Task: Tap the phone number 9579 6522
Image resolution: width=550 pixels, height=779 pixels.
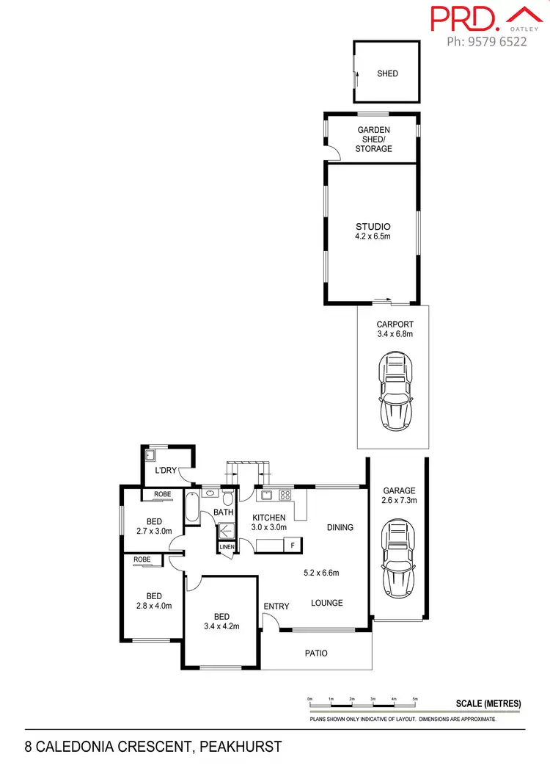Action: click(x=487, y=42)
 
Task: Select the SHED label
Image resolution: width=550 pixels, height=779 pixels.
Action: click(x=387, y=73)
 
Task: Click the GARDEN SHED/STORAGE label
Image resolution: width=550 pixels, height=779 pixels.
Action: click(x=373, y=140)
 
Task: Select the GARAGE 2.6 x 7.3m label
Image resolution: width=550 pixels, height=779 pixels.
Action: click(x=398, y=496)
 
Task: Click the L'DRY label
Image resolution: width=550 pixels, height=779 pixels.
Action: click(x=165, y=471)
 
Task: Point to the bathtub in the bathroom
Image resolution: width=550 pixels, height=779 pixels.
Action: click(x=192, y=507)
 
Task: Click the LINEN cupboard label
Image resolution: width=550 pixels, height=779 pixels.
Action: click(x=226, y=547)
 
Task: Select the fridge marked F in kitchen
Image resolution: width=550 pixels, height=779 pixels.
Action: click(x=293, y=546)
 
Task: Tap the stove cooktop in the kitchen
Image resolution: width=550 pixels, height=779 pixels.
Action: click(x=285, y=494)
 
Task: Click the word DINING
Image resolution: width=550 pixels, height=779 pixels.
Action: click(x=340, y=527)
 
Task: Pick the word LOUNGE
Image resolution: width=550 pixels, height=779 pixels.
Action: click(x=326, y=603)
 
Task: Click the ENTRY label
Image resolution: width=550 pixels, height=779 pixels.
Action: click(x=276, y=606)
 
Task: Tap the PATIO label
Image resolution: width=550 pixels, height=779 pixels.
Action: click(x=317, y=653)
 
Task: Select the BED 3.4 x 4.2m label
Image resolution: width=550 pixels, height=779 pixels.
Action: click(x=221, y=621)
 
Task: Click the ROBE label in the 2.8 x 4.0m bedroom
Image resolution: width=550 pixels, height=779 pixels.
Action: click(x=143, y=559)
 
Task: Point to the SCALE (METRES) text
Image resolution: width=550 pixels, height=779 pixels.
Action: click(x=488, y=703)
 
